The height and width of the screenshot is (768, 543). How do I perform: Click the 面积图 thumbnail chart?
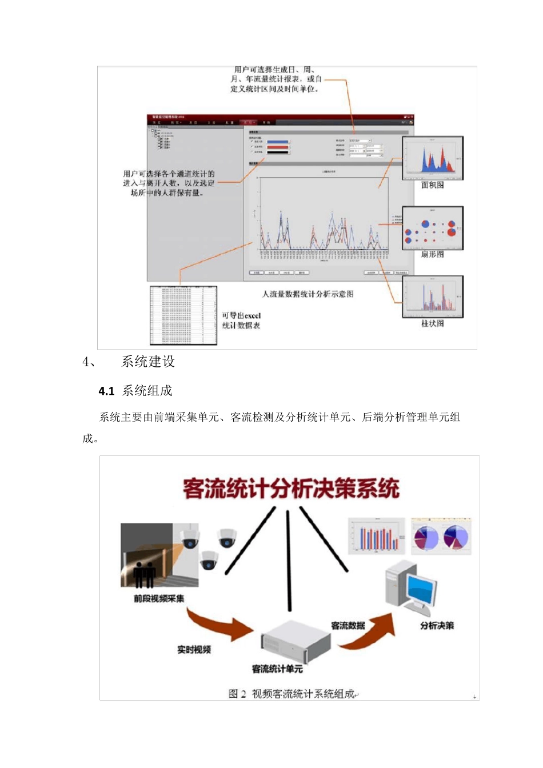pos(432,158)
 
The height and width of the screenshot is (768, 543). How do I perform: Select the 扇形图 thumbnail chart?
pos(432,228)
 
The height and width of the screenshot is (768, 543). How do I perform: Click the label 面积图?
pos(432,185)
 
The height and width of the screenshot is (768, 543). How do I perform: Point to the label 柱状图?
pos(432,323)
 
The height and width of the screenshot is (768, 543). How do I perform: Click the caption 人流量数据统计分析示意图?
pos(308,294)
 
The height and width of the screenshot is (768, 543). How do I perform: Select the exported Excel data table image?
pos(183,315)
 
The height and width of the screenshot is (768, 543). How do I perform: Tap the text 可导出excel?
pos(241,315)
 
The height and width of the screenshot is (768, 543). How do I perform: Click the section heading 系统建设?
pos(148,362)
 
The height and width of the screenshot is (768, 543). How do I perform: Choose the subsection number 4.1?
pos(106,391)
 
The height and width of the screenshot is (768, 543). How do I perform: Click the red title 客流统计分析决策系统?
pos(291,489)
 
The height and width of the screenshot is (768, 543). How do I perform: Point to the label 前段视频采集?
pos(159,598)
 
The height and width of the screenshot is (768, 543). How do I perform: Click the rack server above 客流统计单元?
pos(294,641)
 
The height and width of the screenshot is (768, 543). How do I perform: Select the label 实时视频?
pos(194,649)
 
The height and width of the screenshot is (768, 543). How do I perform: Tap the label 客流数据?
pos(348,625)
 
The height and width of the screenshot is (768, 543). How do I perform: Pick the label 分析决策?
pos(437,626)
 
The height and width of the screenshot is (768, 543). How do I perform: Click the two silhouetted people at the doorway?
pos(144,574)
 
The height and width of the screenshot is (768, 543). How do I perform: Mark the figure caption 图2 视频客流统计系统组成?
pos(291,694)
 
